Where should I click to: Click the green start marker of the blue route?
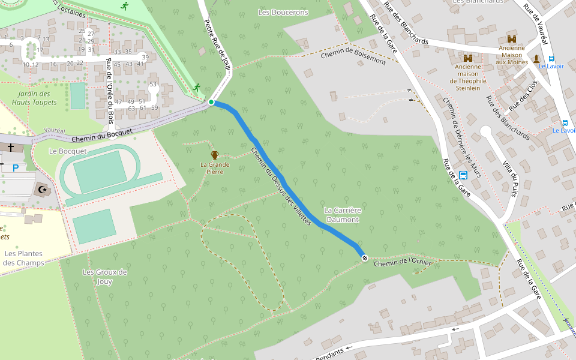click(211, 103)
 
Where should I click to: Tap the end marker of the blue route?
click(364, 257)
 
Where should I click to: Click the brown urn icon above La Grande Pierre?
click(214, 155)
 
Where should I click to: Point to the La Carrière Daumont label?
click(341, 215)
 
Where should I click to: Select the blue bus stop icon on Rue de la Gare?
click(463, 175)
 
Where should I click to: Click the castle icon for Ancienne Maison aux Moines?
click(512, 39)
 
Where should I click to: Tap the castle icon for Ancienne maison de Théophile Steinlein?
click(468, 58)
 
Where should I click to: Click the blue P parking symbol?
click(15, 168)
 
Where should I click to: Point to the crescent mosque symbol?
click(42, 190)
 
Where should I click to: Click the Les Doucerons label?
click(283, 12)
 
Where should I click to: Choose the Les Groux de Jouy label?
click(104, 277)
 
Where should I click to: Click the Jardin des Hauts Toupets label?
click(34, 98)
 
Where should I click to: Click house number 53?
click(153, 84)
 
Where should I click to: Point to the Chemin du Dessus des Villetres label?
click(281, 187)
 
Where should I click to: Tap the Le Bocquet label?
click(68, 151)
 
